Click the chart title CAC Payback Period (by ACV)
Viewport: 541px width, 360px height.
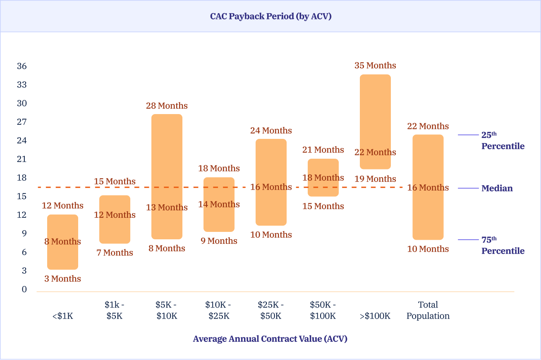(x=270, y=17)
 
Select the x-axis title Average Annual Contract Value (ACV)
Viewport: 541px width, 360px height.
(x=270, y=339)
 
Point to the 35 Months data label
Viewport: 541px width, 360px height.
(x=375, y=65)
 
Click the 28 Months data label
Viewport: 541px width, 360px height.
(x=167, y=106)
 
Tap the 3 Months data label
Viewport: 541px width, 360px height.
(x=62, y=279)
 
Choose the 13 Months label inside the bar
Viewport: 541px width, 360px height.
(x=167, y=207)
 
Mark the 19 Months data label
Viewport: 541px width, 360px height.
(x=375, y=179)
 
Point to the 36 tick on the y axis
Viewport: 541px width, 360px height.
(x=22, y=66)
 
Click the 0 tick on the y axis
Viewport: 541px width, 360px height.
(x=24, y=289)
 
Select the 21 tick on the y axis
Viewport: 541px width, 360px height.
(x=22, y=159)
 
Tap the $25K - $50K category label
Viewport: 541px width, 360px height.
(x=271, y=310)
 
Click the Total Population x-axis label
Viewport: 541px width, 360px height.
(x=428, y=310)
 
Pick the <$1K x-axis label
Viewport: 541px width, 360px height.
(x=62, y=316)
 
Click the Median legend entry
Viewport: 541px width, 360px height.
(x=497, y=188)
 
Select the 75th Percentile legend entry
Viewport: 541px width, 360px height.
(x=503, y=246)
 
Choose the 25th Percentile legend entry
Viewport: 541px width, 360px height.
(x=503, y=141)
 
